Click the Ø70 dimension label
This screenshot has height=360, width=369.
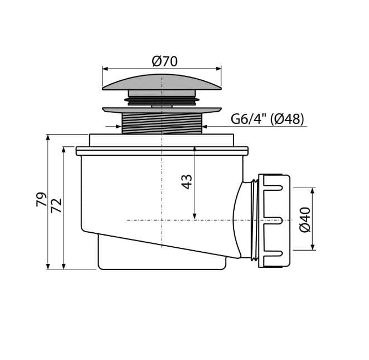pyautogui.click(x=164, y=61)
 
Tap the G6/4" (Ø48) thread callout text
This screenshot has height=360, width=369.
pyautogui.click(x=267, y=119)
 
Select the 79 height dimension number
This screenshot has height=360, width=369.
pyautogui.click(x=41, y=199)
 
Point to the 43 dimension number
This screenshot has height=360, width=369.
pyautogui.click(x=187, y=182)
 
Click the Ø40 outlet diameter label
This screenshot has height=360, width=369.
pyautogui.click(x=305, y=219)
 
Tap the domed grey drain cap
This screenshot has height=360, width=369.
pyautogui.click(x=162, y=82)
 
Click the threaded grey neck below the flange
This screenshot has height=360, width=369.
pyautogui.click(x=162, y=123)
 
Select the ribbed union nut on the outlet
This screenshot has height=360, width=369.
pyautogui.click(x=274, y=221)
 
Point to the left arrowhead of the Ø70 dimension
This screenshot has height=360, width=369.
pyautogui.click(x=105, y=69)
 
